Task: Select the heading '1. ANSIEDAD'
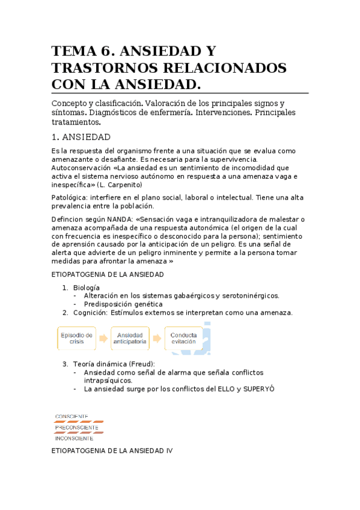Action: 81,137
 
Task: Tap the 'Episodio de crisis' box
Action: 76,339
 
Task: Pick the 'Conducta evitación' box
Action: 183,339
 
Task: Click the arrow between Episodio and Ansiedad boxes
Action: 103,339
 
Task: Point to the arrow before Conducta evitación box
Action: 157,339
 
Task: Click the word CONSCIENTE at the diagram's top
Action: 72,416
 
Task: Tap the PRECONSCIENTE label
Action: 76,428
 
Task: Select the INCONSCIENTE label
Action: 74,438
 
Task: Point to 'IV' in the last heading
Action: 169,450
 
